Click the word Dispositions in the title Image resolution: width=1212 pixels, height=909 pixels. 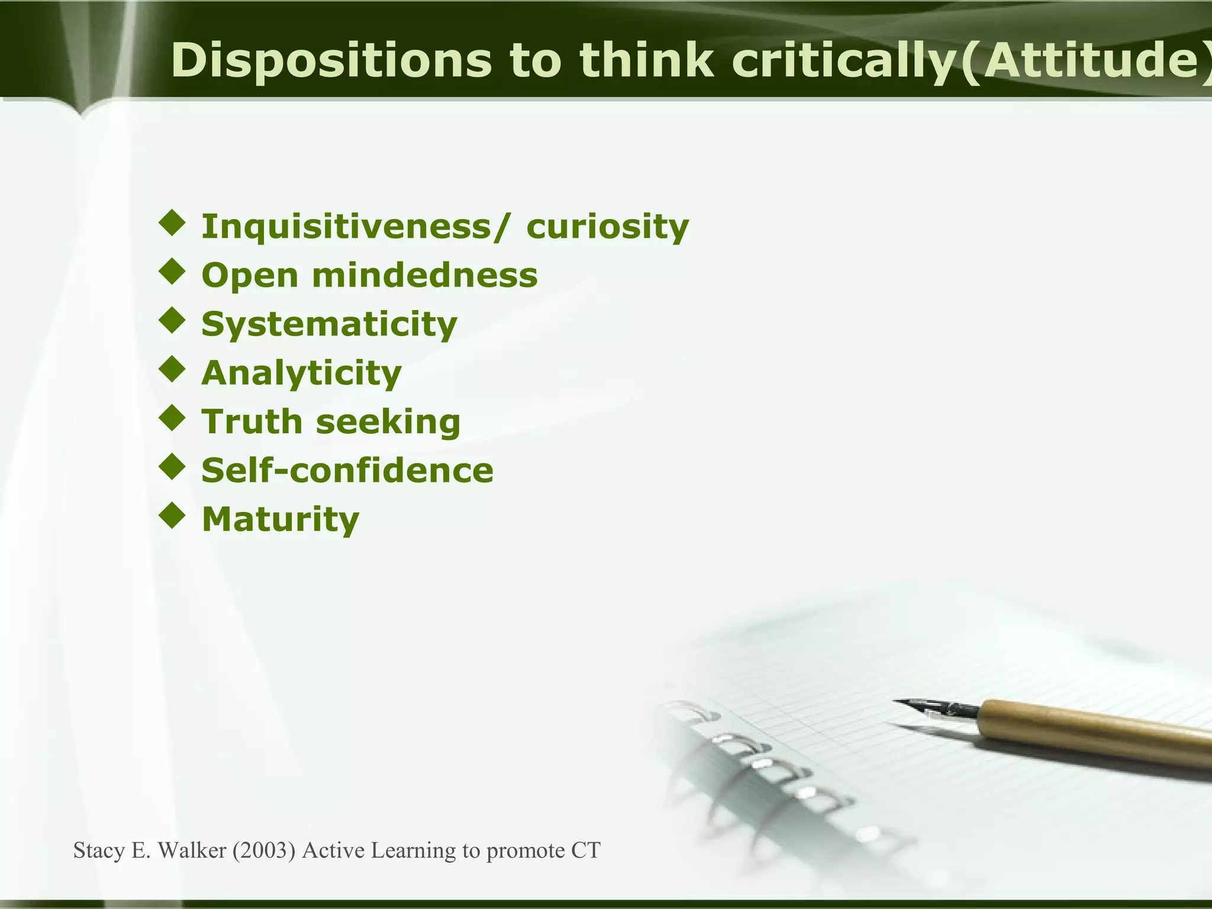tap(331, 61)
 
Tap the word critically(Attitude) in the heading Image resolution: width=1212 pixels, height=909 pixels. tap(971, 61)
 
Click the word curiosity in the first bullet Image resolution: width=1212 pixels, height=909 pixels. tap(608, 227)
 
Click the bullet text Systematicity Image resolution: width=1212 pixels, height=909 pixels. tap(329, 324)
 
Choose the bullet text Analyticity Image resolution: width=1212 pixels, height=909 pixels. tap(301, 373)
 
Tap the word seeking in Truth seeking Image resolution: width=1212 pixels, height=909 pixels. tap(388, 421)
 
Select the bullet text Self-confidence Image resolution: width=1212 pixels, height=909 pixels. tap(347, 470)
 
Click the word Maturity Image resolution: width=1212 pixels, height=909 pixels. tap(281, 519)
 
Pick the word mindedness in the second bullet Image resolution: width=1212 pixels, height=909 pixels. tap(424, 276)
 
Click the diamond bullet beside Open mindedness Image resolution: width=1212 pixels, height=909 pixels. tap(172, 273)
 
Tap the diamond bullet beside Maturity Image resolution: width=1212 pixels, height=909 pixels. tap(172, 516)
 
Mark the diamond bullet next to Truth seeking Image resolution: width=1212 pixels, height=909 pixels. tap(172, 418)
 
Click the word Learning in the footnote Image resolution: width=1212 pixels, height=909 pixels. tap(414, 851)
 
